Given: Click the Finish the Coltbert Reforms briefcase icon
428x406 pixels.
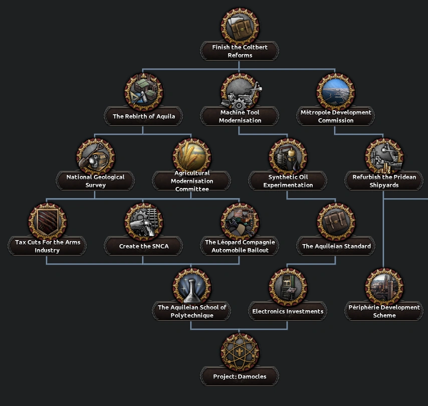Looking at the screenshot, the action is tap(240, 26).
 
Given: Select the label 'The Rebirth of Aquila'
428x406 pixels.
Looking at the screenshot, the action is tap(144, 116).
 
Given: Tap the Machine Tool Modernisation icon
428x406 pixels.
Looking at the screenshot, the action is tap(240, 91).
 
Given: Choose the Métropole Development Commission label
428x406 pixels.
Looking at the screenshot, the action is tap(336, 116).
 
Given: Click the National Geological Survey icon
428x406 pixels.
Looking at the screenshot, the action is tap(96, 156).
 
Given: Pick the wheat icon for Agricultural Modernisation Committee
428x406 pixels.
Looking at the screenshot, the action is tap(191, 156).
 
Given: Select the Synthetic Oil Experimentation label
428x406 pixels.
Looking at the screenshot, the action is tap(288, 181).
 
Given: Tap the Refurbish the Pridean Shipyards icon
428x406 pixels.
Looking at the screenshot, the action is tap(384, 156).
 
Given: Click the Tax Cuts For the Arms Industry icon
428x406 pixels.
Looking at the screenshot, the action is tap(48, 221).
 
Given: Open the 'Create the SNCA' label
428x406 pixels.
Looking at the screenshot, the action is tap(143, 246).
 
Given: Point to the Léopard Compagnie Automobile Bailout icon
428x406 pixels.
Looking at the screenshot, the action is tap(240, 221).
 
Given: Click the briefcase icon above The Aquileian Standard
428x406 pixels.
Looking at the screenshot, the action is tap(336, 221).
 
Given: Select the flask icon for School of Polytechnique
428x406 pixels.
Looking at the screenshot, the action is tap(191, 286).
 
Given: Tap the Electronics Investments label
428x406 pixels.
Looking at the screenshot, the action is tap(288, 311).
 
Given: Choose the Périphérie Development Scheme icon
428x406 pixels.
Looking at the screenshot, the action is tap(384, 286).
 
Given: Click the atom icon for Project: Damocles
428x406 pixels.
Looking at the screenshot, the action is tap(240, 351).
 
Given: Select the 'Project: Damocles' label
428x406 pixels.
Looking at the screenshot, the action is tap(240, 376).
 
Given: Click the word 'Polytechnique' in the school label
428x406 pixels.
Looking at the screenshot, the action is tap(191, 316).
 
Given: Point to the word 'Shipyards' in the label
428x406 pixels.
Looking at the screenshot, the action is tap(384, 185).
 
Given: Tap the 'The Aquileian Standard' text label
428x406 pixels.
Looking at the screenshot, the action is tap(336, 246).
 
